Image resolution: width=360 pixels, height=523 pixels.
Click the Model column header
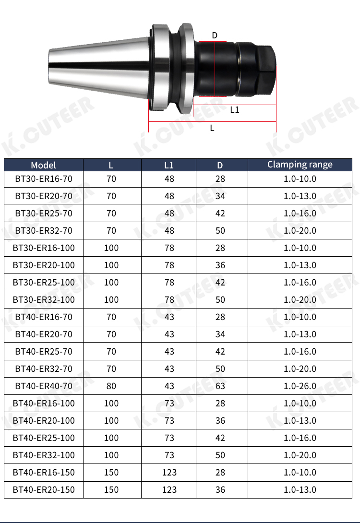tap(43, 165)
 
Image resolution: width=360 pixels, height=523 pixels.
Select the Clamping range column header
tap(300, 165)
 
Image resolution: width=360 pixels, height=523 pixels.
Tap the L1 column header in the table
tap(169, 165)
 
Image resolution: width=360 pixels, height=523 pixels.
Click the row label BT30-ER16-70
tap(44, 179)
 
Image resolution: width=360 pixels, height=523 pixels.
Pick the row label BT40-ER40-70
tap(44, 386)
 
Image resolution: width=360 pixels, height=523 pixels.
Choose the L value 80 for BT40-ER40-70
tap(111, 386)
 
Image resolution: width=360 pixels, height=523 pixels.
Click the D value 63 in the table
tap(220, 386)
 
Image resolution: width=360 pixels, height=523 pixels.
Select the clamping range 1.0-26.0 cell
tap(300, 386)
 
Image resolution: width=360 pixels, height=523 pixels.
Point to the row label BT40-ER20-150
tap(44, 490)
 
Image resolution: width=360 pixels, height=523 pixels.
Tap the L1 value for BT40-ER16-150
tap(169, 473)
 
